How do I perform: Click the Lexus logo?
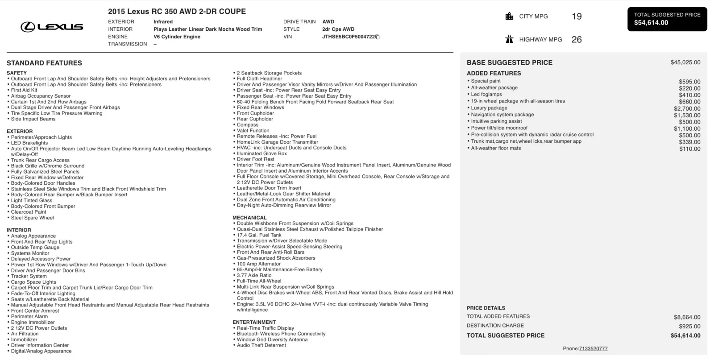coord(52,27)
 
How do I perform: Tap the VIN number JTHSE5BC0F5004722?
coord(348,37)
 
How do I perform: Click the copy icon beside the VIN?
coord(378,37)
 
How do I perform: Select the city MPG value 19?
coord(577,17)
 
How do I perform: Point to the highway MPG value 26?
coord(577,40)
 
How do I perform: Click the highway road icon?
coord(509,39)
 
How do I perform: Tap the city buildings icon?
coord(509,17)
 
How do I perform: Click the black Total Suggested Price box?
coord(667,19)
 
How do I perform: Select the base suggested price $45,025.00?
coord(685,62)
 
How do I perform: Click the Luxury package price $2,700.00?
coord(687,108)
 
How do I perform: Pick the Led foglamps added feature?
coord(486,95)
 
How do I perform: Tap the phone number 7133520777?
coord(593,349)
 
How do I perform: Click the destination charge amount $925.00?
coord(689,326)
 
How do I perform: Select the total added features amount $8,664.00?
coord(687,317)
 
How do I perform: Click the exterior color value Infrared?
coord(163,21)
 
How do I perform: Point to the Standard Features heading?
coord(44,63)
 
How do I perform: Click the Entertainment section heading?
coord(254,322)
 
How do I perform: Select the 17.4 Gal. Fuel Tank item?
coord(259,235)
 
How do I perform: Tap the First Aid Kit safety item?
coord(24,90)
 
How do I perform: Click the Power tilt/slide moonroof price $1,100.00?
coord(687,128)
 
